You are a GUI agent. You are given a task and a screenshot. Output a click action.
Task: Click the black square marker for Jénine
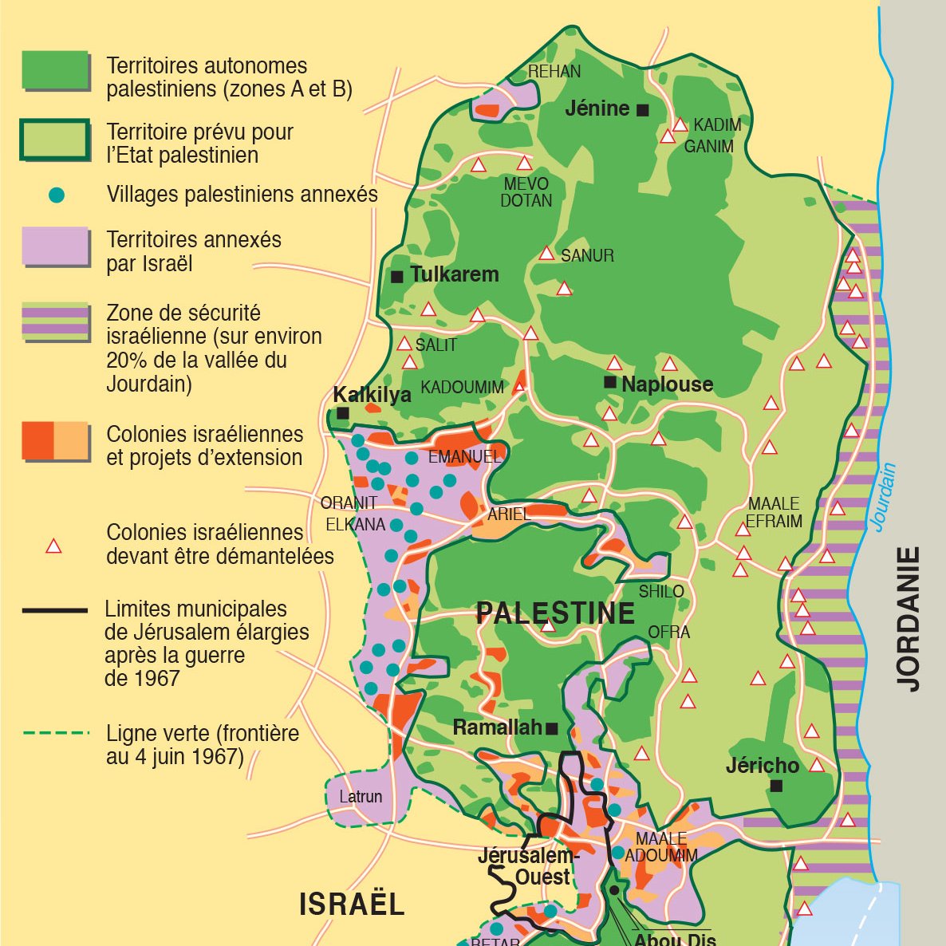(x=643, y=110)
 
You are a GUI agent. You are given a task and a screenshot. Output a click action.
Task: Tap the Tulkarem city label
(x=454, y=274)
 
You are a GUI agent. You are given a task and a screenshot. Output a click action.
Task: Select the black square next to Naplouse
(x=610, y=383)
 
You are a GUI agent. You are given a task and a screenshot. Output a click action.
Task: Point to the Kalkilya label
(x=372, y=395)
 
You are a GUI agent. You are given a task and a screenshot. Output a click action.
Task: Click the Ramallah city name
(x=498, y=727)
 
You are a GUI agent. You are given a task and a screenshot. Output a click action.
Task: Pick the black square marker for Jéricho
(x=776, y=786)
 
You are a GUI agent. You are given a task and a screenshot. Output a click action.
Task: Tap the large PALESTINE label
(x=555, y=613)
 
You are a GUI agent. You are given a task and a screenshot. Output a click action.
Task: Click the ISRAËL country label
(x=352, y=905)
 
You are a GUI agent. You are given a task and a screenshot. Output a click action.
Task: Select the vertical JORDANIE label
(x=909, y=618)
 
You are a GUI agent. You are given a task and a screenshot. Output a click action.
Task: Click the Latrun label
(x=361, y=796)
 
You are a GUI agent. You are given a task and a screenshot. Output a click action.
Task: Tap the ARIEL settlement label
(x=509, y=514)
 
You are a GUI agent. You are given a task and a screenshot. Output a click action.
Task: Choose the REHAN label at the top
(x=554, y=72)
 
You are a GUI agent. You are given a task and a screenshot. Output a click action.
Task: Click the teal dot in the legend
(x=56, y=195)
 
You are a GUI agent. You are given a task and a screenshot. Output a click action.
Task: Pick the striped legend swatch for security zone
(x=55, y=321)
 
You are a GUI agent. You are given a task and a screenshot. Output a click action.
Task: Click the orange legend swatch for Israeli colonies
(x=55, y=441)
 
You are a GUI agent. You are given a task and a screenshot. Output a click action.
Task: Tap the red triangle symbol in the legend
(x=53, y=546)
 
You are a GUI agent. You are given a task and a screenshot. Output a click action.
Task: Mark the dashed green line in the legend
(x=55, y=733)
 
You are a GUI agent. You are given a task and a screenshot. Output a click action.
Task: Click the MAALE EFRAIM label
(x=774, y=513)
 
